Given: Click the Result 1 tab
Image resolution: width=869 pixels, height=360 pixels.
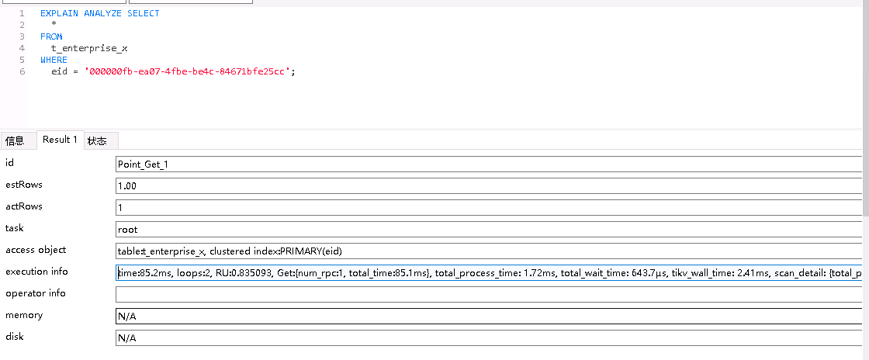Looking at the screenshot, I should pos(60,140).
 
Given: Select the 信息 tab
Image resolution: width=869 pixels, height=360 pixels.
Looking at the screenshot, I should pos(15,141).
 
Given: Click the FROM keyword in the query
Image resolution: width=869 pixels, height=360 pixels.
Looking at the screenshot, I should pos(51,36).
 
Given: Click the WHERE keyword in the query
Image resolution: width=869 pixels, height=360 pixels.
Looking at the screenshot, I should pos(54,60).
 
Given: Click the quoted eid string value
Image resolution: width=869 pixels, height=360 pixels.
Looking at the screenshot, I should pos(189,71).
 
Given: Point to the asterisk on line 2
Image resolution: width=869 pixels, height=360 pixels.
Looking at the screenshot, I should pos(54,25).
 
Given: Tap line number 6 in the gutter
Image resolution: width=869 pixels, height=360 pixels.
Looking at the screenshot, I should pos(22,71).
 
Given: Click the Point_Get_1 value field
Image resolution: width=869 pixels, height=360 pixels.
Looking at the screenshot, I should pos(489,164).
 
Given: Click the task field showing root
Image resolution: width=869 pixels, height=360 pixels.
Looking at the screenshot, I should pos(489,230).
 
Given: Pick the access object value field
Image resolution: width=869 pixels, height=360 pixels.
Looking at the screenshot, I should pos(489,251).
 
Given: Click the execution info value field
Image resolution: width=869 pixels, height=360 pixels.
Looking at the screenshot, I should pos(489,273).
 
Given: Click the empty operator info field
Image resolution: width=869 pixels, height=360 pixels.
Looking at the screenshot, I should pos(489,295).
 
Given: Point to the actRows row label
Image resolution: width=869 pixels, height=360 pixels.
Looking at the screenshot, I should pos(24,206).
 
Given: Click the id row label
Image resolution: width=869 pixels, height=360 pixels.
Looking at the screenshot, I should pos(9,163).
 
